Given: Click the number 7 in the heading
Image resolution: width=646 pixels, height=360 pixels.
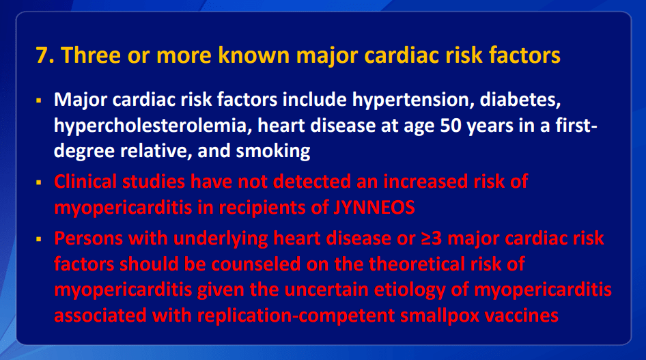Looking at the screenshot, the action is (x=42, y=55).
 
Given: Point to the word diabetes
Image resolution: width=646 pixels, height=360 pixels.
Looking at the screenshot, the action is (x=520, y=100).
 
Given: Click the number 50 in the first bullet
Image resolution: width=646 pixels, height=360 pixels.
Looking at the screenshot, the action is (x=450, y=126).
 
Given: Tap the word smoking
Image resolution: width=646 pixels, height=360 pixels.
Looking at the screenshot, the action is (x=272, y=151).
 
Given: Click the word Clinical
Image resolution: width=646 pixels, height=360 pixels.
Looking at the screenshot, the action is (x=85, y=182).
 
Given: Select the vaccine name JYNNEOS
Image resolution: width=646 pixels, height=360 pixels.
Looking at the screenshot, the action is (x=374, y=208).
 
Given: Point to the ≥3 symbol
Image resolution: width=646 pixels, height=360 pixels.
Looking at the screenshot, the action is (x=432, y=238).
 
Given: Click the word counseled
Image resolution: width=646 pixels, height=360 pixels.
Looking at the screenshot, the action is (x=256, y=264).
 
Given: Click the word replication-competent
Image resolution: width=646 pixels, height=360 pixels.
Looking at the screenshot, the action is (x=296, y=316).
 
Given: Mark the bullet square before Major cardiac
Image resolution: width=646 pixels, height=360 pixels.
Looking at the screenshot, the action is (x=39, y=100).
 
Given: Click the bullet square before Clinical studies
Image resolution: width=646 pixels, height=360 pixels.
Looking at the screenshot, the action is (x=39, y=182).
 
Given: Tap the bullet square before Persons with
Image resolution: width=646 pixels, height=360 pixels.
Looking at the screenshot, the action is (x=39, y=239).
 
